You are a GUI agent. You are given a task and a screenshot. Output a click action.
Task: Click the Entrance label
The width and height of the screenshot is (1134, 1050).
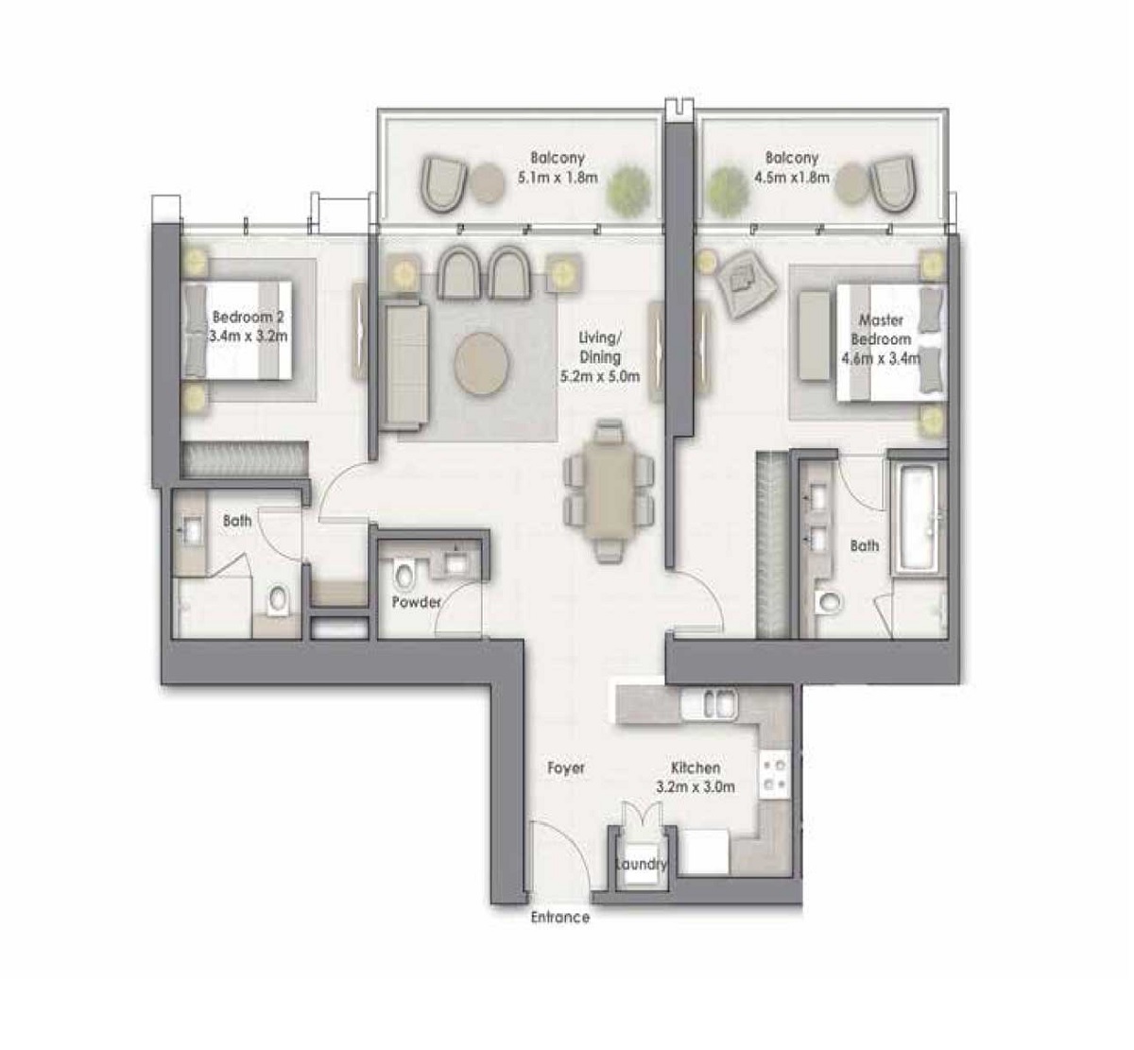tap(559, 917)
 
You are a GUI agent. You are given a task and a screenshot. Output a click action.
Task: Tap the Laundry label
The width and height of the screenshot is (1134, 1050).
tap(641, 864)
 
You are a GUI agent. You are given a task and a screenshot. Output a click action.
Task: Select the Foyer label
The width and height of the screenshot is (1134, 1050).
tap(565, 768)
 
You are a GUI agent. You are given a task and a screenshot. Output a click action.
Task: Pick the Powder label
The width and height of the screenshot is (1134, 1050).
tap(417, 602)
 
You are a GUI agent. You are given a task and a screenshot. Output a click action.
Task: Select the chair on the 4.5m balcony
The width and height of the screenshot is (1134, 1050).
tap(890, 183)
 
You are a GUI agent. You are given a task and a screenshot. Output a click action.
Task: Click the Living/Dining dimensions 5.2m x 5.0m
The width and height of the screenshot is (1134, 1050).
tap(600, 375)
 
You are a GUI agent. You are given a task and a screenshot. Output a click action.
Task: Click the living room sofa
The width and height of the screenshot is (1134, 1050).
tap(406, 365)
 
